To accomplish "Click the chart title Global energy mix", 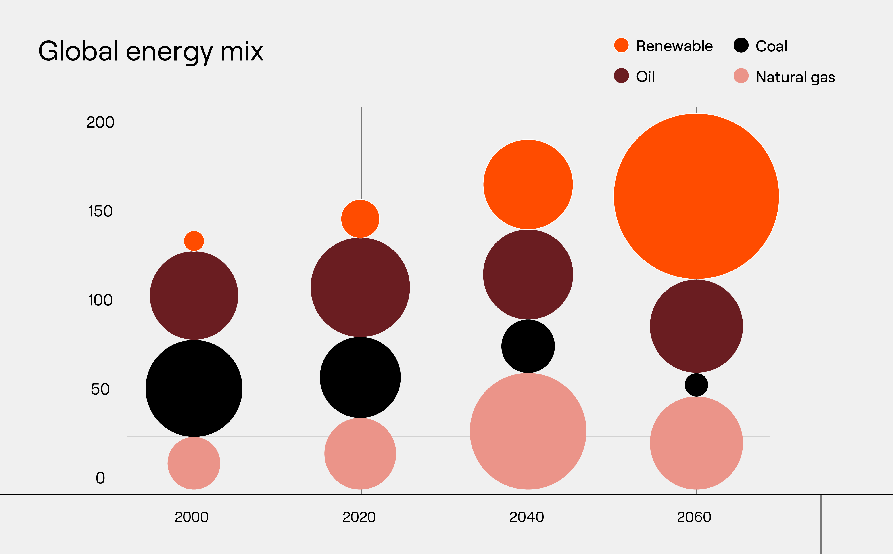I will (150, 52).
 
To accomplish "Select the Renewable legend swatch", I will (621, 45).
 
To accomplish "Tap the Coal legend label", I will (771, 46).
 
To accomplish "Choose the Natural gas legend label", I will (795, 77).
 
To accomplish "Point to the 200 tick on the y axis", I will (100, 122).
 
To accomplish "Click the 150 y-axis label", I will (100, 211).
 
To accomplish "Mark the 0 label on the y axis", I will (100, 478).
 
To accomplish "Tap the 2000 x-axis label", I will (192, 517).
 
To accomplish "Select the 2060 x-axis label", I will (694, 517).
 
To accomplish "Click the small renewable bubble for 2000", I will (194, 241).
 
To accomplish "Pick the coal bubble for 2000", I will (194, 388).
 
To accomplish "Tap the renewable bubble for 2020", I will (360, 219).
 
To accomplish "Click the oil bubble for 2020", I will (360, 287).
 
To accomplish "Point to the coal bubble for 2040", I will (528, 346).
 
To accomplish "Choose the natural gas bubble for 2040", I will (528, 432).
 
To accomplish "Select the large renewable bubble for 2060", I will (696, 196).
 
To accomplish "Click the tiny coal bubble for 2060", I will (696, 385).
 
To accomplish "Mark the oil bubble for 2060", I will (696, 326).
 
